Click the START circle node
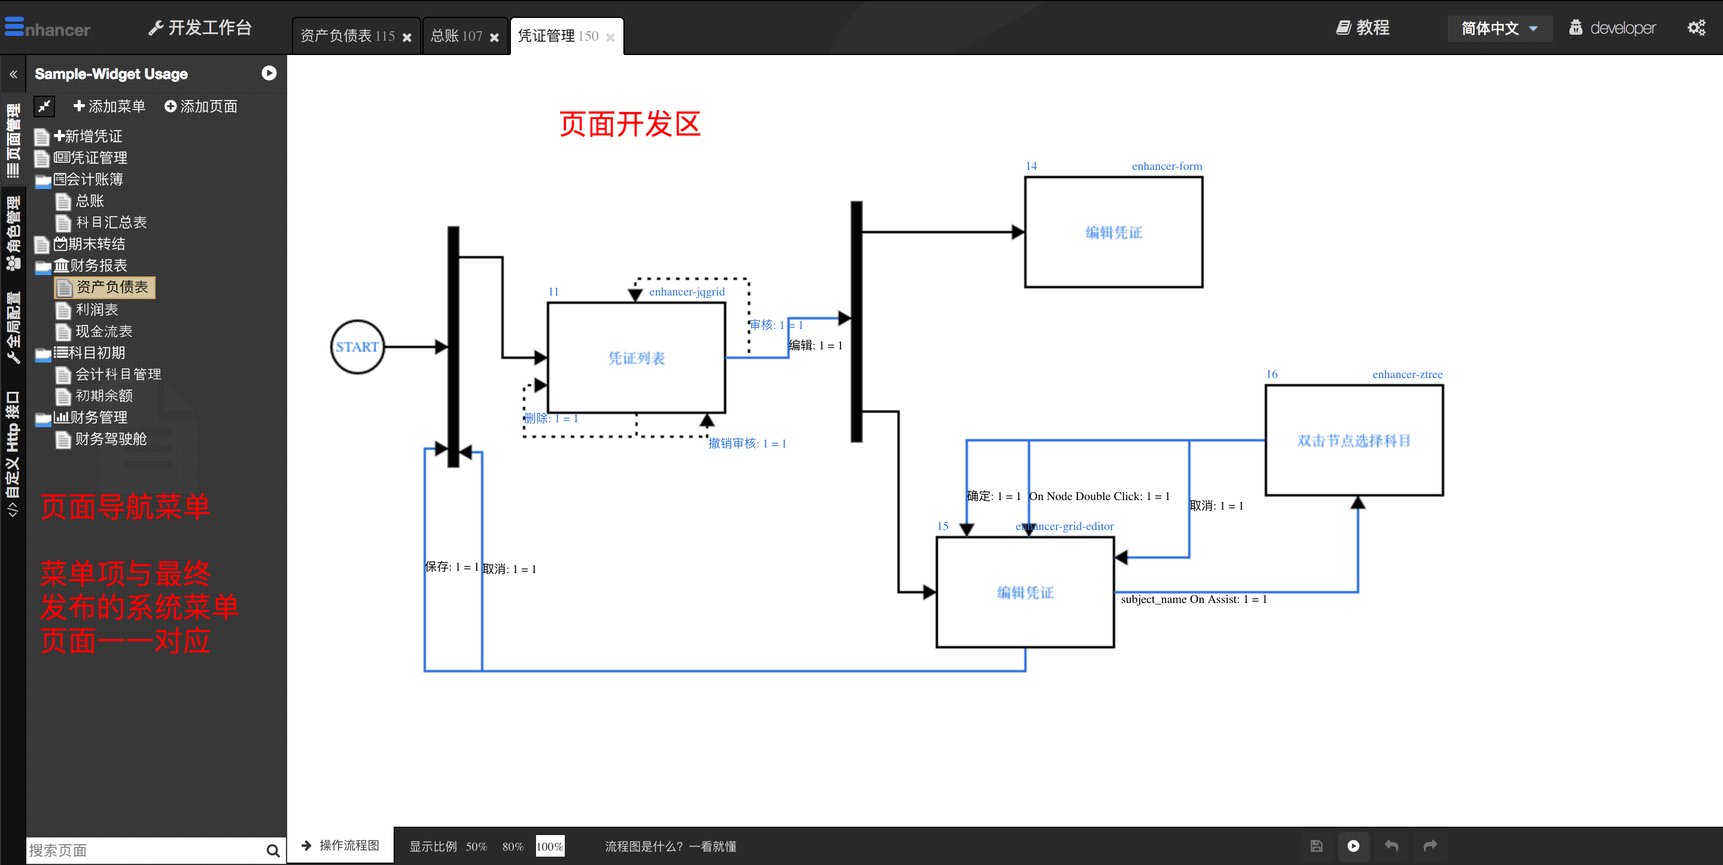click(357, 346)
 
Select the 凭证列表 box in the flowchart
click(635, 358)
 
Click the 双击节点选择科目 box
click(1353, 440)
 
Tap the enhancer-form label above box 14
click(1166, 166)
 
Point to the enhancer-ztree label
click(1407, 374)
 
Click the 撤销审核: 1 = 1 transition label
click(747, 443)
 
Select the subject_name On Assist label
click(1194, 599)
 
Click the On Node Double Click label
click(1098, 497)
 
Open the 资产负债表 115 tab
click(348, 36)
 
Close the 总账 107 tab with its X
click(494, 38)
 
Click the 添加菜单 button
click(109, 106)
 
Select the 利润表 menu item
click(97, 310)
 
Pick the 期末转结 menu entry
click(96, 244)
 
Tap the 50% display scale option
click(476, 846)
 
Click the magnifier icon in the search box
click(272, 850)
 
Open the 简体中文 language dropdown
click(1498, 28)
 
